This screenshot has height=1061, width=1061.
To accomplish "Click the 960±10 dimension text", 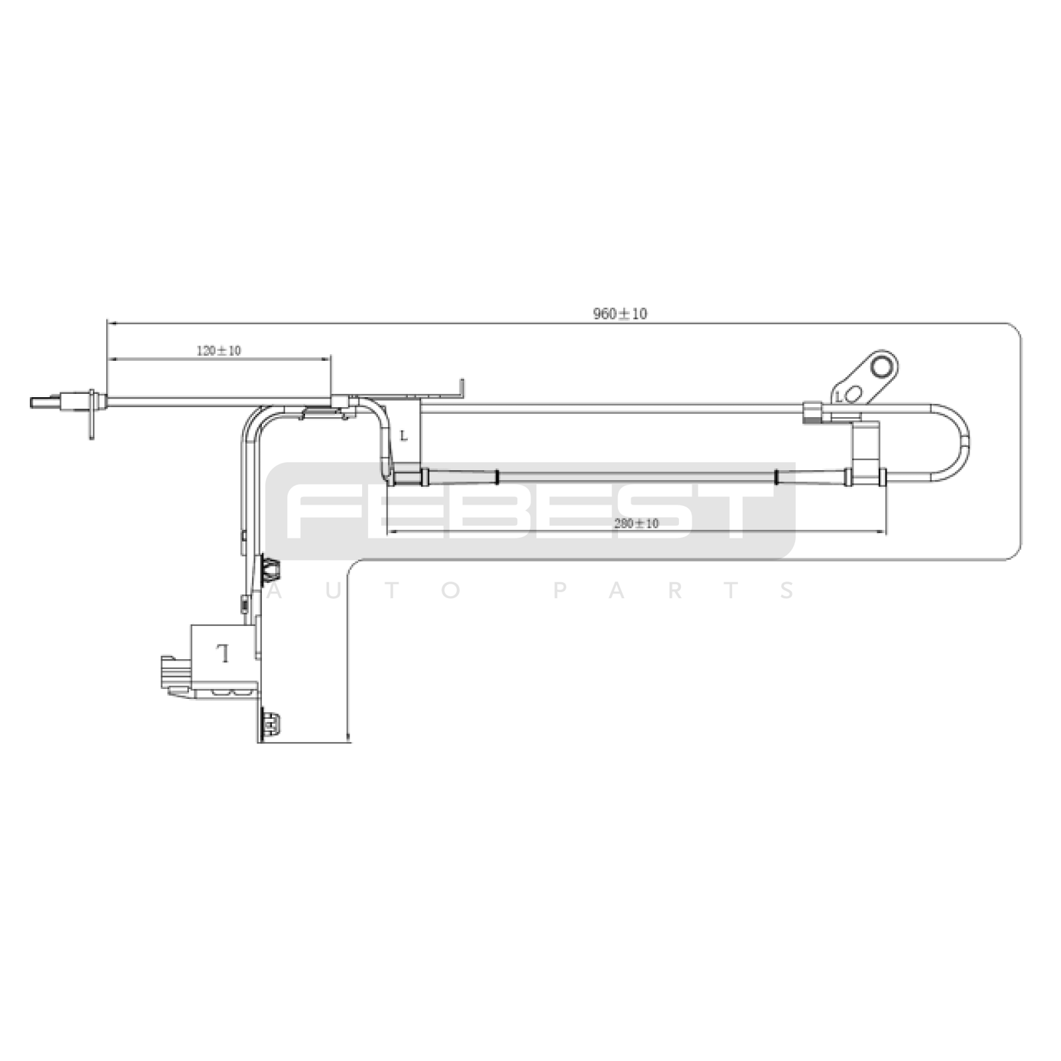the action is tap(620, 314).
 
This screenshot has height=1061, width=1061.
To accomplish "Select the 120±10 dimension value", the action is tap(219, 351).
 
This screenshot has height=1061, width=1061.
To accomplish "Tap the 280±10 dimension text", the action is tap(637, 523).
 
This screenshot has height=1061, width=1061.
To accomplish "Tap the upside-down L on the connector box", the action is tap(224, 653).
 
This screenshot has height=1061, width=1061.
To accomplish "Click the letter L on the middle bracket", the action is tap(404, 436).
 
